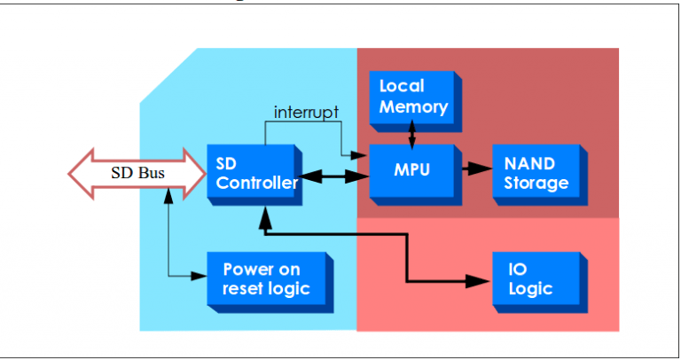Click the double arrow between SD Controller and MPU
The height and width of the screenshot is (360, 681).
(333, 178)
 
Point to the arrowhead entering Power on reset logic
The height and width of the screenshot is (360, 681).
(201, 277)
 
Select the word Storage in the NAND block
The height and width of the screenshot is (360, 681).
(536, 184)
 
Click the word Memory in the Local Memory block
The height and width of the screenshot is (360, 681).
(413, 106)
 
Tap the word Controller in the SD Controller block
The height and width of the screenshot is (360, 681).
(257, 184)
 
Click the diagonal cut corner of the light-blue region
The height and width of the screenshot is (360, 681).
(168, 74)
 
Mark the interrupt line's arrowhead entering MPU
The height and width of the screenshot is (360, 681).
(363, 156)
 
